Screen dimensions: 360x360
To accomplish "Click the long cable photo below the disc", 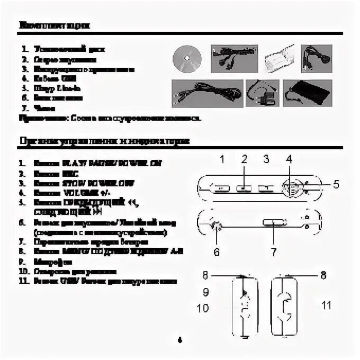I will (207, 94).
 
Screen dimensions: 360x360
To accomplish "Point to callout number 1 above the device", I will (223, 158).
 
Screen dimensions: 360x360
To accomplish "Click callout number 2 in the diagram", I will (245, 158).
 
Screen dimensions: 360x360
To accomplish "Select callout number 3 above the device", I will (266, 158).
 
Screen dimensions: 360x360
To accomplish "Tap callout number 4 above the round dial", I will (289, 158).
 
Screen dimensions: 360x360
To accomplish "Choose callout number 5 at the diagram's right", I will (335, 184).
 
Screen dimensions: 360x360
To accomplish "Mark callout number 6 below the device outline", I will (217, 252).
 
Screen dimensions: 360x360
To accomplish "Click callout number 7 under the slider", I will (273, 252).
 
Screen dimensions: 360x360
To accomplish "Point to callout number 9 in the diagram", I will (205, 291).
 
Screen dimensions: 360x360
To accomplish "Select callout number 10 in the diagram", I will (203, 308).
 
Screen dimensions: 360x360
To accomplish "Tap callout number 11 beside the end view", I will (327, 305).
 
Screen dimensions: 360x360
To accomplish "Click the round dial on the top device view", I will (290, 187).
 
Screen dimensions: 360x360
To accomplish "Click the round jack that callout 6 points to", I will (215, 226).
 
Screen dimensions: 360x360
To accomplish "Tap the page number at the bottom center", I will (181, 339).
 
